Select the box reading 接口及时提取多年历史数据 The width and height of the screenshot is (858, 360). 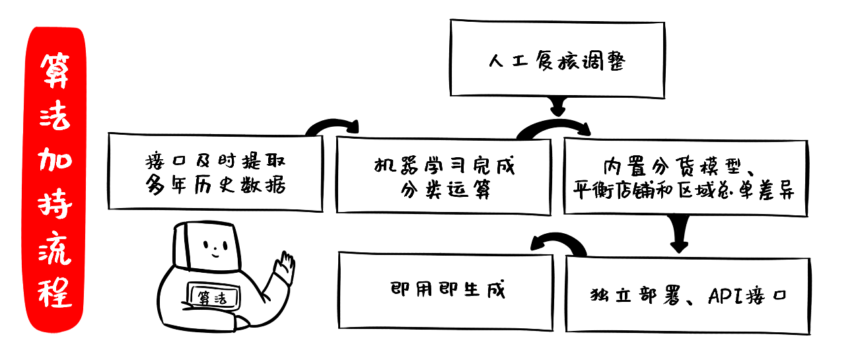tap(215, 173)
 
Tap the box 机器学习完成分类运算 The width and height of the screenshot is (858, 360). tap(443, 176)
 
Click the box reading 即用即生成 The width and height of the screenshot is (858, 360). tap(446, 291)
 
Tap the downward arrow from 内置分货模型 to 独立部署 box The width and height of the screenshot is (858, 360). tap(680, 234)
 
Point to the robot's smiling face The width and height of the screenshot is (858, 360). tap(213, 248)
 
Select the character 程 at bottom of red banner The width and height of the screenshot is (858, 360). tap(56, 291)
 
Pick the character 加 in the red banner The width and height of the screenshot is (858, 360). tap(56, 160)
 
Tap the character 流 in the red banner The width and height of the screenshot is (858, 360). tap(56, 248)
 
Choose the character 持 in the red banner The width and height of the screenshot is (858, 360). tap(56, 203)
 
